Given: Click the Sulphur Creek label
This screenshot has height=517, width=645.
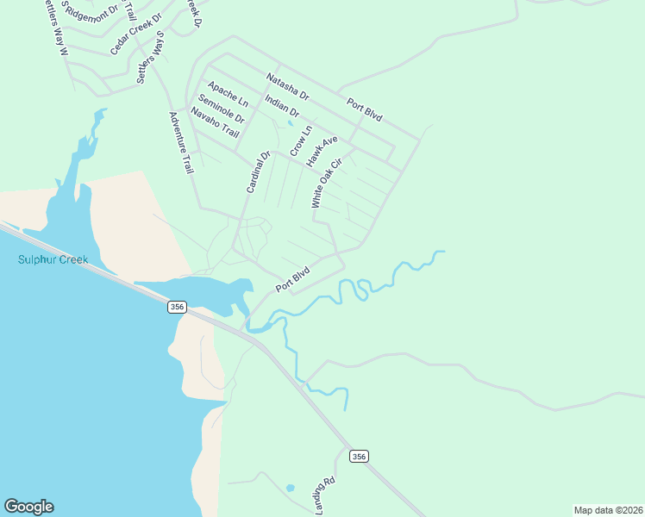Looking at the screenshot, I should click(52, 259).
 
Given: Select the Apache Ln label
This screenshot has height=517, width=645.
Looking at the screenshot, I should click(228, 95).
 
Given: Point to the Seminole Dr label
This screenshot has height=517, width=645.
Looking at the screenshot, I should click(221, 108).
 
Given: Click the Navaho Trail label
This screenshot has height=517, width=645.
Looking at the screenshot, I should click(215, 123).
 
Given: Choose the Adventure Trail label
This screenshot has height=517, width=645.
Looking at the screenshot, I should click(181, 143).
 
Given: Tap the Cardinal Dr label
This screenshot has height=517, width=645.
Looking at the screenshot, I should click(258, 171).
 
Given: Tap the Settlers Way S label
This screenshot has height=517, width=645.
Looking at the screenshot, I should click(150, 58).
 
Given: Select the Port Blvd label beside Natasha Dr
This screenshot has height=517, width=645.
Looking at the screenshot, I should click(365, 110).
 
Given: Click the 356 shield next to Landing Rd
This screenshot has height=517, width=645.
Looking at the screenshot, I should click(360, 456).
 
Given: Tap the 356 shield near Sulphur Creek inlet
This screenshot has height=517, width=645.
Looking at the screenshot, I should click(177, 307).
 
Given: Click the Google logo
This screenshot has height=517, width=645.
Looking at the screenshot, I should click(28, 507).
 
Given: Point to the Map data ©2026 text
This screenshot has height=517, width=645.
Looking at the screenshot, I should click(608, 510).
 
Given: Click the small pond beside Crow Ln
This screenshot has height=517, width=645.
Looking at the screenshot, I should click(291, 122).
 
